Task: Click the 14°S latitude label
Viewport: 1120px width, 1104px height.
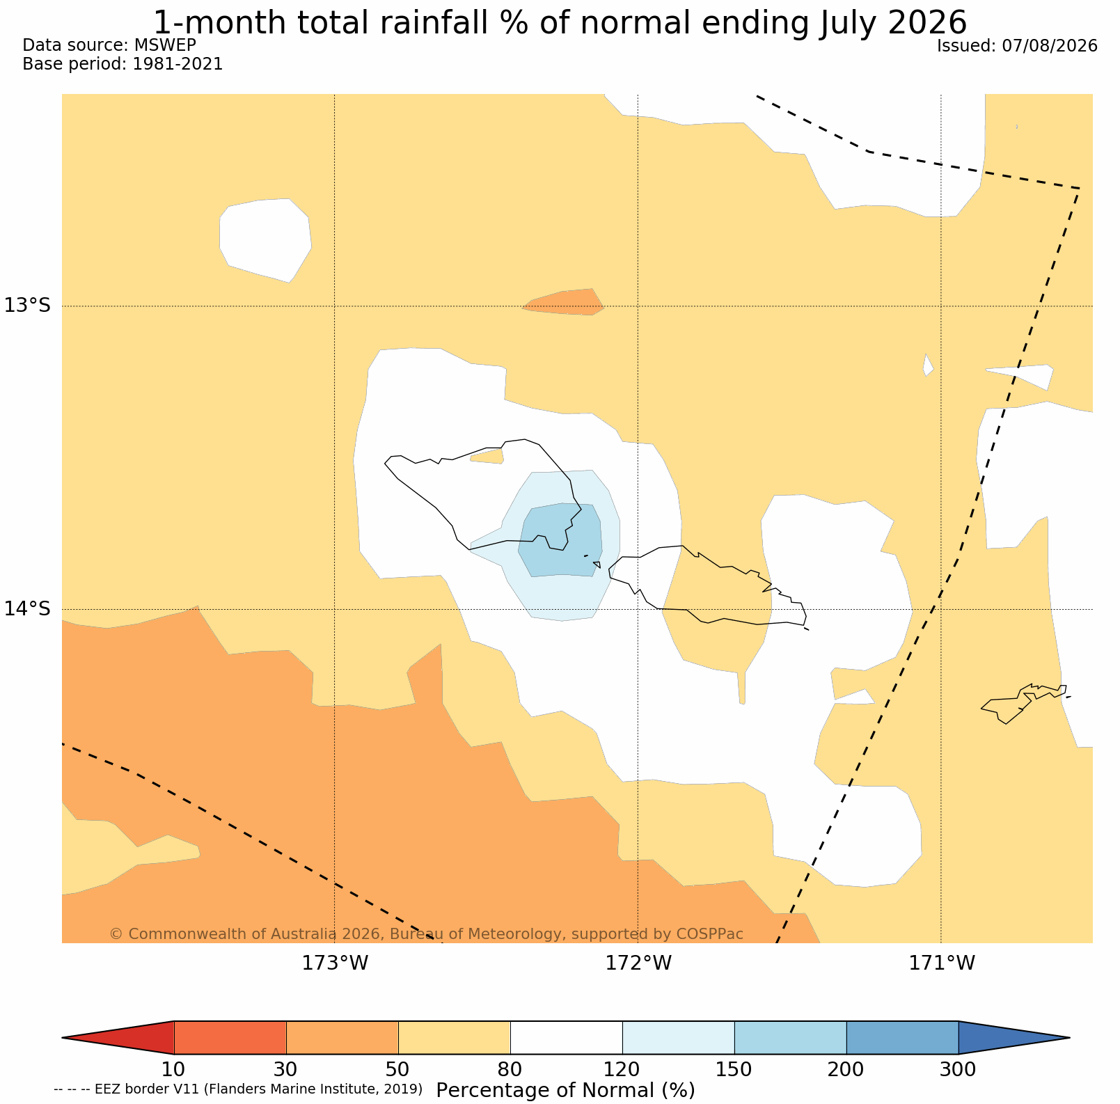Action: [x=28, y=608]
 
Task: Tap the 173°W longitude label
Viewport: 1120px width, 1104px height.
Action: [x=335, y=963]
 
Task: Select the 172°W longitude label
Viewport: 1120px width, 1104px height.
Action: [x=638, y=963]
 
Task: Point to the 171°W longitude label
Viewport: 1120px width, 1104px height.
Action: [x=942, y=963]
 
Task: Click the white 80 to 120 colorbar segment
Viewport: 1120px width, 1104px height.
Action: [x=567, y=1037]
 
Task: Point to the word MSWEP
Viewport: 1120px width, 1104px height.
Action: [x=165, y=45]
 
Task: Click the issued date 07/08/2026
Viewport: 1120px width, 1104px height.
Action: [x=1050, y=46]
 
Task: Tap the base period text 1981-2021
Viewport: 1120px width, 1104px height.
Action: [x=178, y=64]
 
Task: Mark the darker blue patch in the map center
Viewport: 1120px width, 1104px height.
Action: [x=560, y=539]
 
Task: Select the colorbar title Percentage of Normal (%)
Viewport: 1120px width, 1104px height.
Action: [x=565, y=1090]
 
